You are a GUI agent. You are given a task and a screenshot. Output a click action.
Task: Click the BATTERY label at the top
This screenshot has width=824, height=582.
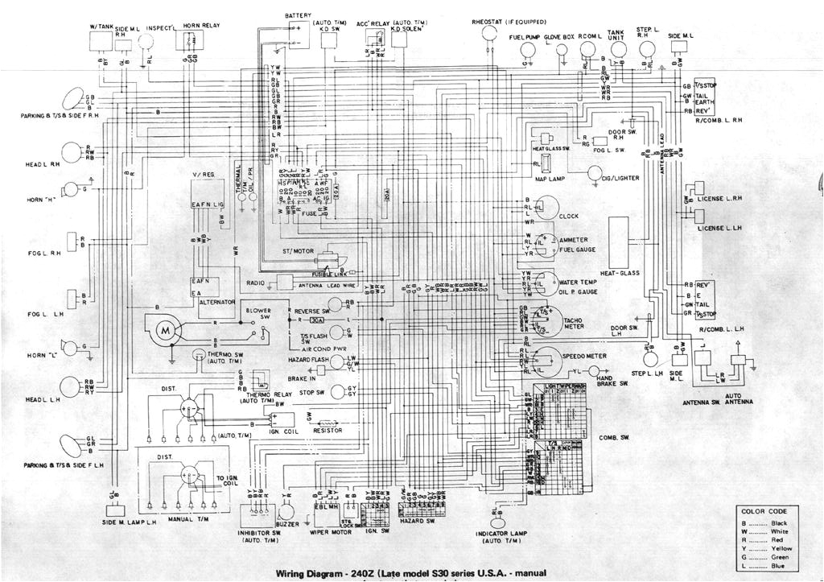(x=298, y=15)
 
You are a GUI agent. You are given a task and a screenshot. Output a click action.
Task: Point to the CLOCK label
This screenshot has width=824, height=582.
(x=570, y=217)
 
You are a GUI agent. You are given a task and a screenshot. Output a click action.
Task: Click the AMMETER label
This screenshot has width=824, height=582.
(x=574, y=240)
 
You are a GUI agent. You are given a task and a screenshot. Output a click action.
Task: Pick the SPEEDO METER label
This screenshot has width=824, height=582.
(x=585, y=356)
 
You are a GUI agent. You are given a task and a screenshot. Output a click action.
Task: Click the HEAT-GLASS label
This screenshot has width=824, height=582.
(x=619, y=274)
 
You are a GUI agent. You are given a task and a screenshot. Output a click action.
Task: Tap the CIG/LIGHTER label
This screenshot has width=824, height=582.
(x=628, y=178)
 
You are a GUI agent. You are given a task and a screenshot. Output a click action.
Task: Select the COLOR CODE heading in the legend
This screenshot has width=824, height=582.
(x=765, y=511)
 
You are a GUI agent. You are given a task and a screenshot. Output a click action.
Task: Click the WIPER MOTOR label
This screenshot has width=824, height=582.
(x=328, y=531)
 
